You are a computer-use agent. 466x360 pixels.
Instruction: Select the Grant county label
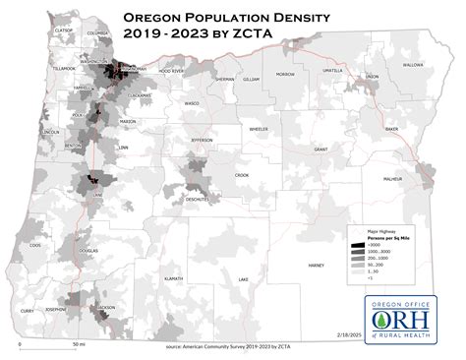[x=320, y=150]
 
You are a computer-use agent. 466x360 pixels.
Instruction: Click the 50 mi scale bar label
[x=77, y=345]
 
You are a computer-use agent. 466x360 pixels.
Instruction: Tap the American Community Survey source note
[x=233, y=347]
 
